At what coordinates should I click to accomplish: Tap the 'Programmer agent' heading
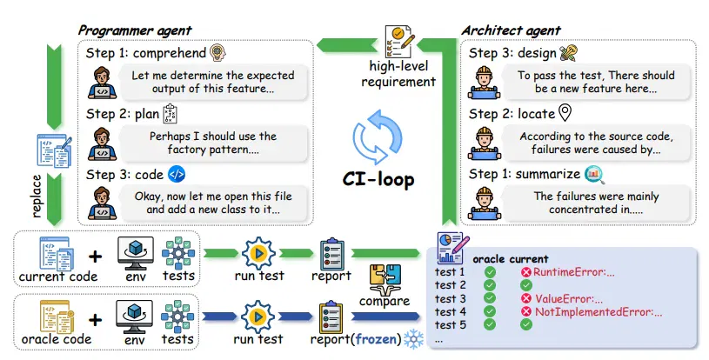pos(135,30)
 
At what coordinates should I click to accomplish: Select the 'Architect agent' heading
pos(511,30)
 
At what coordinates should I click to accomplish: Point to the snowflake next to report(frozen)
pos(413,339)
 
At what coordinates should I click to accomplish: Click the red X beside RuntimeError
pos(525,272)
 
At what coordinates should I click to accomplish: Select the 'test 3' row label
pos(451,298)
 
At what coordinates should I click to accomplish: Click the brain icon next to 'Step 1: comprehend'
pos(218,53)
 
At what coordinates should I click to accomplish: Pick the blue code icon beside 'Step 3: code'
pos(177,175)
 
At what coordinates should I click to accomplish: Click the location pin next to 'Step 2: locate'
pos(565,113)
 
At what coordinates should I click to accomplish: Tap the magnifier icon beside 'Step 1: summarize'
pos(594,175)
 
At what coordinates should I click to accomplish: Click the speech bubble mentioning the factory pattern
pos(213,143)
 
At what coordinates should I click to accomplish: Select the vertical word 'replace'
pos(37,196)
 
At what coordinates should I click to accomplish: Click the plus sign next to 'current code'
pos(95,257)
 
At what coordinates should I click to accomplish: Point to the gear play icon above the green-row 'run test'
pos(258,253)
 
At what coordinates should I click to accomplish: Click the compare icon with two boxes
pos(385,279)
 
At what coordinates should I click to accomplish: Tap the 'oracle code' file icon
pos(57,317)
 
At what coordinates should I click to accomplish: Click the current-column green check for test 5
pos(525,324)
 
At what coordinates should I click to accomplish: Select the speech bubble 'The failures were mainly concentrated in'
pos(596,203)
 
